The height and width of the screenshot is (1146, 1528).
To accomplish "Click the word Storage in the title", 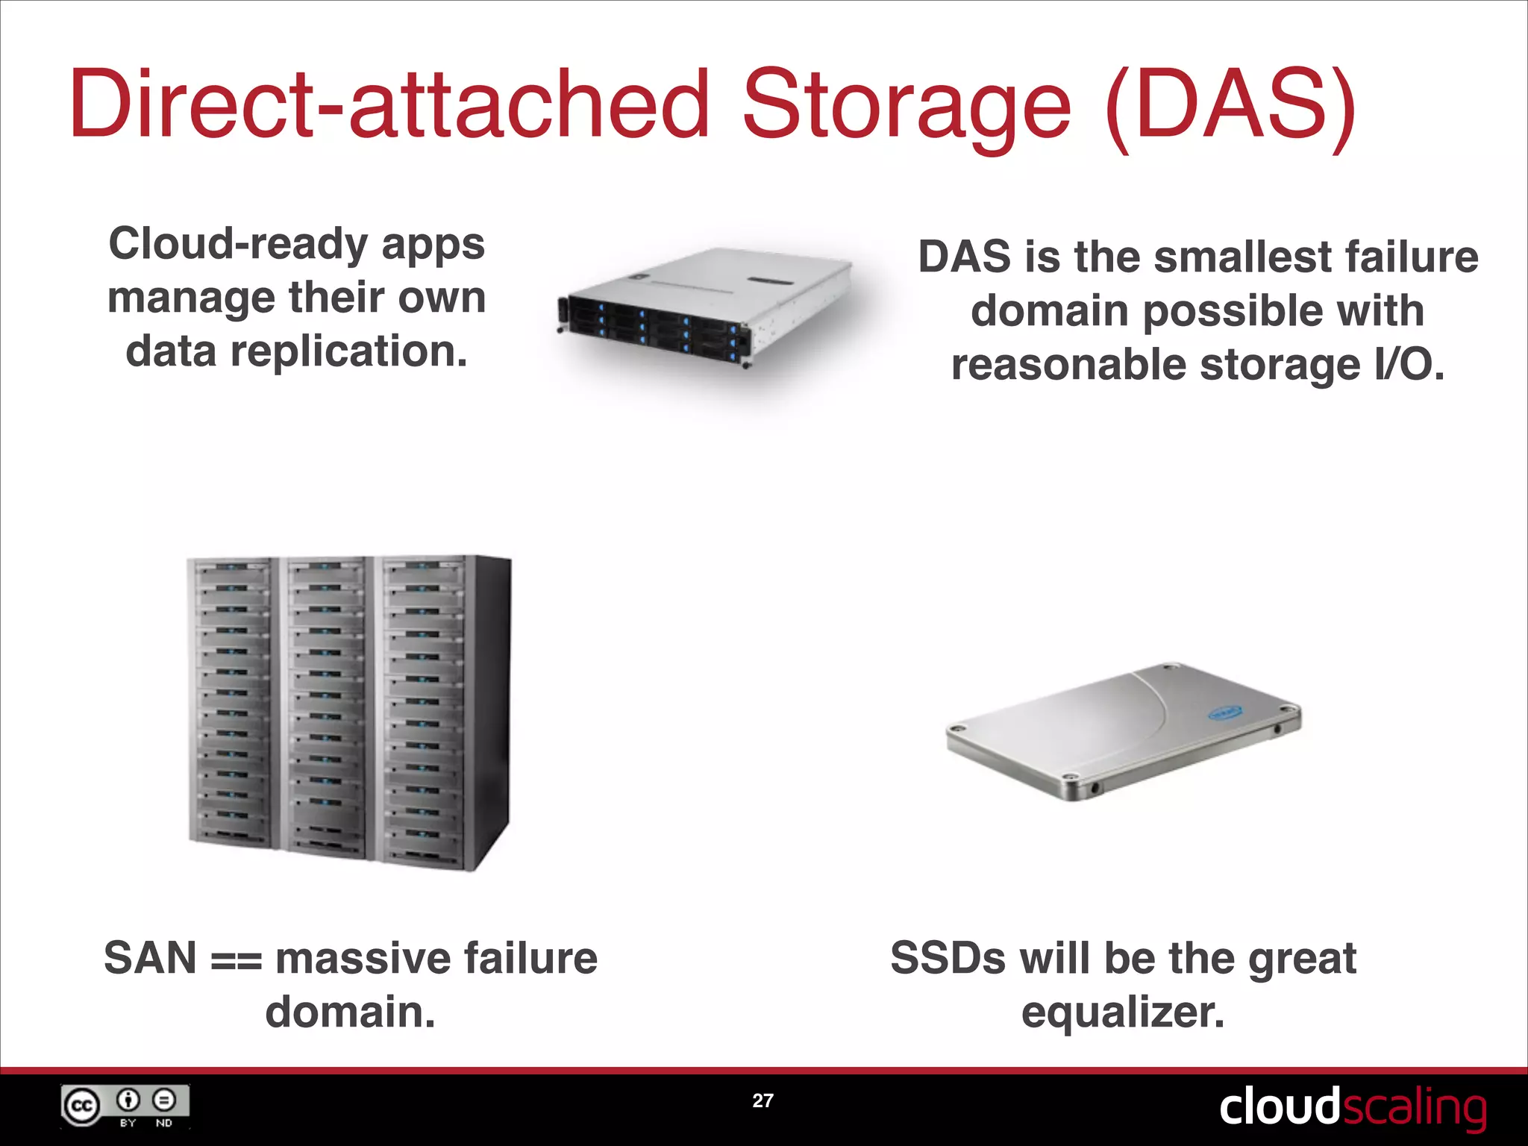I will pos(906,104).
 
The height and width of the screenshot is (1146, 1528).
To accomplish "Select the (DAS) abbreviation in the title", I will pos(1230,104).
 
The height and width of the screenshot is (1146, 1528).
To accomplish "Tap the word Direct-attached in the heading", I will pos(388,104).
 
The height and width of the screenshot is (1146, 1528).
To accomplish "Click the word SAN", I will pos(150,959).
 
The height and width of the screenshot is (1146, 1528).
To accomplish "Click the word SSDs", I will pos(948,959).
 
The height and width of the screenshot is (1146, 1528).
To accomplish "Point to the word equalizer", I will pos(1123,1013).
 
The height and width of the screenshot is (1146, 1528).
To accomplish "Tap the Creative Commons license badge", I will pos(125,1106).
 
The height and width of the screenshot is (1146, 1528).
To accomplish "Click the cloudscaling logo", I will pos(1352,1107).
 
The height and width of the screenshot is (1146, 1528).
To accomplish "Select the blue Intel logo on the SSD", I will pos(1224,714).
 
